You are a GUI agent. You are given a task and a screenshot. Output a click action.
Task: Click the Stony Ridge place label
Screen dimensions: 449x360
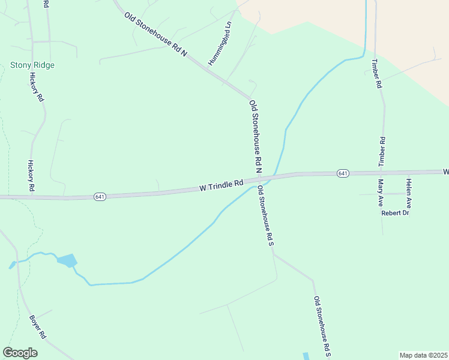tap(32, 65)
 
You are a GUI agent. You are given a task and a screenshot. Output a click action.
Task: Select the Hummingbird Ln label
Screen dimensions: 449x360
tap(219, 44)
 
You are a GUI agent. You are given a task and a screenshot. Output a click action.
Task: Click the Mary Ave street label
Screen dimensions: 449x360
tap(380, 193)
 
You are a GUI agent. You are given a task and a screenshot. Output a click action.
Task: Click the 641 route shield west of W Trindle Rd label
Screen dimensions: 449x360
tap(100, 197)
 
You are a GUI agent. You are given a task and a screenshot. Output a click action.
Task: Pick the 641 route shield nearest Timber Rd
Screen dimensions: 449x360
tap(342, 173)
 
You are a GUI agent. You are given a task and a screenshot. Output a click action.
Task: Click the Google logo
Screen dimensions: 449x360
tap(20, 353)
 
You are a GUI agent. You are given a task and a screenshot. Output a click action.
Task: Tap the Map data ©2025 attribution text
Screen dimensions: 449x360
tap(423, 355)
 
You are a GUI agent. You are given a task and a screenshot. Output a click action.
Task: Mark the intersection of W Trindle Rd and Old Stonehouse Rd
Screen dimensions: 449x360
tap(262, 179)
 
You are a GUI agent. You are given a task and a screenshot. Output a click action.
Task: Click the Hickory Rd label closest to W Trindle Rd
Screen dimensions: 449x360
tap(31, 176)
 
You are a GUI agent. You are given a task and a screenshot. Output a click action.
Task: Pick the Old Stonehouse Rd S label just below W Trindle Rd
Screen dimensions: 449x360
tap(265, 216)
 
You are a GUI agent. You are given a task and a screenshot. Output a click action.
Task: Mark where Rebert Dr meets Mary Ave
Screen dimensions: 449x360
tap(382, 212)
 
